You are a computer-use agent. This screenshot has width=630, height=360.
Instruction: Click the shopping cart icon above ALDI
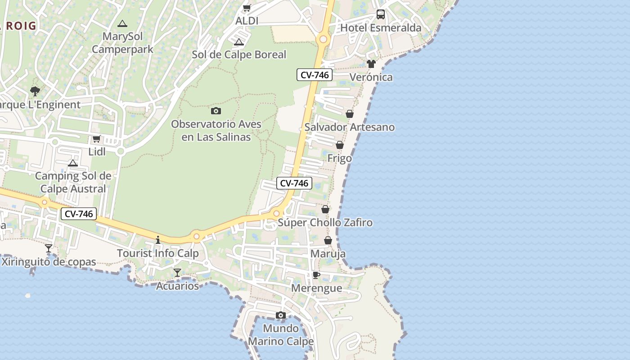click(x=247, y=8)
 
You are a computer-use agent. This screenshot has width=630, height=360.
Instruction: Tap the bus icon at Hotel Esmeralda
click(x=381, y=14)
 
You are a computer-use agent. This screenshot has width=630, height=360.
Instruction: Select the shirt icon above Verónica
click(x=371, y=64)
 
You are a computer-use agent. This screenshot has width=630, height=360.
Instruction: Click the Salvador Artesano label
click(x=350, y=127)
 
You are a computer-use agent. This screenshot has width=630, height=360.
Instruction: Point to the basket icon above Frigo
click(x=340, y=145)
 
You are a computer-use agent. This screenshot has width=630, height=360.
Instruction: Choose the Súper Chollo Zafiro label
click(x=325, y=222)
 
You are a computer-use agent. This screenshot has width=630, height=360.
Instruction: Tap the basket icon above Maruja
click(x=328, y=240)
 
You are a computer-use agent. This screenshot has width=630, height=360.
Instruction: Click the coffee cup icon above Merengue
click(x=316, y=275)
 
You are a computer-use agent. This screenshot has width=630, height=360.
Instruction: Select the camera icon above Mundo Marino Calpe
click(x=281, y=315)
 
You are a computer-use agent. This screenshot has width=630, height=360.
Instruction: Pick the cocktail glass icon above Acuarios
click(x=177, y=272)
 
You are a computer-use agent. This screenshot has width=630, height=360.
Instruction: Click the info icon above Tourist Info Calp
click(x=158, y=240)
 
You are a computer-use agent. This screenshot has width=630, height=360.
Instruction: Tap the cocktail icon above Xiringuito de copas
click(x=49, y=248)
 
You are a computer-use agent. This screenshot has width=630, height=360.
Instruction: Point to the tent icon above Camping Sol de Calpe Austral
click(x=73, y=162)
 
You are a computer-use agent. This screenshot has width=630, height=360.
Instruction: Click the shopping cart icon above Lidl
click(x=96, y=139)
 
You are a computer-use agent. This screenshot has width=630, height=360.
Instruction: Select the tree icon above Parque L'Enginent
click(x=35, y=91)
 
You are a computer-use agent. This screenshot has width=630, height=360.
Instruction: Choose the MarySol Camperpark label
click(x=122, y=43)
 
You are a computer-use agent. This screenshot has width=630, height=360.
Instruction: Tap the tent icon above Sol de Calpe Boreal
click(x=239, y=42)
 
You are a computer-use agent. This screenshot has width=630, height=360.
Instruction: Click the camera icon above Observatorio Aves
click(x=216, y=111)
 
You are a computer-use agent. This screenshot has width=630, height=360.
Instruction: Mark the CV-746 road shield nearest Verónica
click(x=315, y=75)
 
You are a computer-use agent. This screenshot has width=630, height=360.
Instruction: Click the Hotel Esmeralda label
click(x=381, y=28)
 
